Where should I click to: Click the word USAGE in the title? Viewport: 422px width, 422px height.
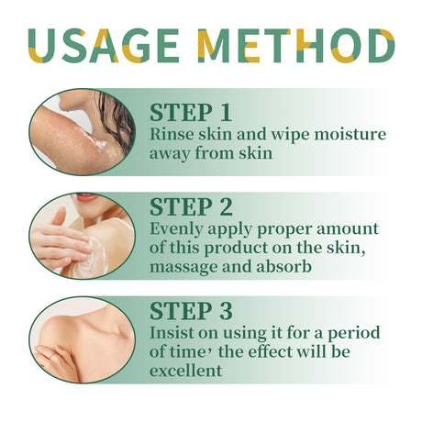pos(105,47)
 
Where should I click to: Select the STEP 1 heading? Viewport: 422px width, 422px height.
pos(190,112)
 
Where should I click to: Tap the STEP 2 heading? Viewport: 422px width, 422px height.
pos(190,206)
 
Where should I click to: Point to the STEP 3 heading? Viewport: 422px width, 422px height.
pos(190,309)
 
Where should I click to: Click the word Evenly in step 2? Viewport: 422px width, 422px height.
pos(176,229)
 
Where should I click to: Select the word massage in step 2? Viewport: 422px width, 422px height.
pos(181,268)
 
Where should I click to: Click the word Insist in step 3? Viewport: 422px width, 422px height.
pos(172,332)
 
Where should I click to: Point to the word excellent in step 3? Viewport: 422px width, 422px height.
pos(185,371)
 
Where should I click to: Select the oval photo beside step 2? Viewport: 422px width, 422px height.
pos(82,235)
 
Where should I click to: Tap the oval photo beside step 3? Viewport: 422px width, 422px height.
pos(82,339)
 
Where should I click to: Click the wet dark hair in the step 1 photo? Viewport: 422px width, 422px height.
pos(115,115)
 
